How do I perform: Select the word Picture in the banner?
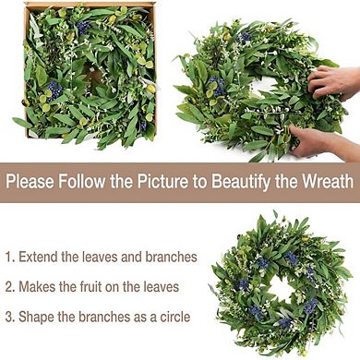coord(163,181)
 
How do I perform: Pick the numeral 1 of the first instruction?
coord(8,257)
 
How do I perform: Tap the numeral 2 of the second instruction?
coord(9,286)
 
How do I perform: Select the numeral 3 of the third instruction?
coord(9,316)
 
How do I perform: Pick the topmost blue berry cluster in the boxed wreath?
coord(82,28)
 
